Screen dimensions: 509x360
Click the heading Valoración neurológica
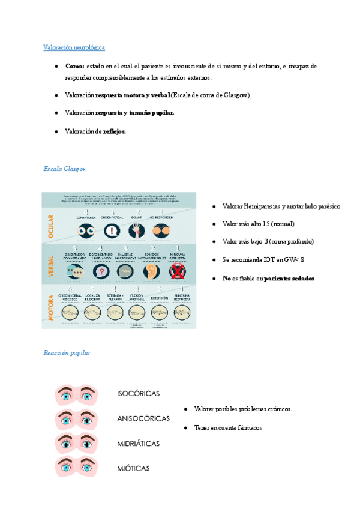click(74, 47)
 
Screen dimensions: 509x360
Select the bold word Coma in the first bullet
click(75, 66)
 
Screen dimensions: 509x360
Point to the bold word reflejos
click(115, 132)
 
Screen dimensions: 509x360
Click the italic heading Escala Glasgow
click(65, 169)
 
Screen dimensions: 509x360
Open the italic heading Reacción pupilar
click(67, 352)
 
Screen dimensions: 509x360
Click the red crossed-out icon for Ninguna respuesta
click(177, 271)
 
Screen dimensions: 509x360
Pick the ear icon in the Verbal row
click(151, 271)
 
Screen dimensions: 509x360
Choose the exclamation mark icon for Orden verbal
click(111, 231)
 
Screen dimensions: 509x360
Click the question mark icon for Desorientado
click(102, 271)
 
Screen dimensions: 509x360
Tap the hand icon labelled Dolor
click(137, 231)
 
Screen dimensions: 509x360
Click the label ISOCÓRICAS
click(138, 394)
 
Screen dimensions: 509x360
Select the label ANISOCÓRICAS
click(143, 418)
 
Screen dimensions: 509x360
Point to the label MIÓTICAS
click(133, 468)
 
